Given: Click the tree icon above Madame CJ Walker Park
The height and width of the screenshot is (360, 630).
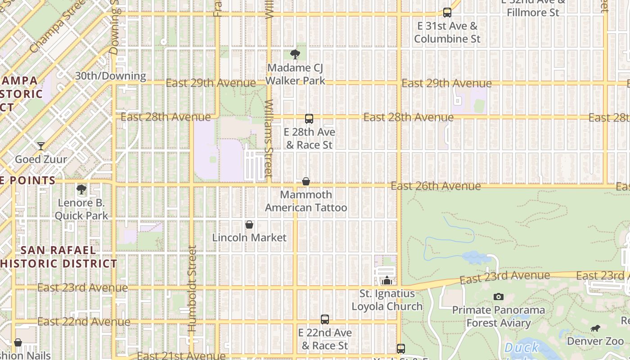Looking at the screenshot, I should (295, 54).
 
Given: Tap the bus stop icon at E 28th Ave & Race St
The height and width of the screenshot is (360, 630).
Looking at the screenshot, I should (309, 119).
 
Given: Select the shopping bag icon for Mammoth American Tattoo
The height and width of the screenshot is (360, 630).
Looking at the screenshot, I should (306, 181).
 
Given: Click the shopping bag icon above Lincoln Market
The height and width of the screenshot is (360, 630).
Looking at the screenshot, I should (249, 225).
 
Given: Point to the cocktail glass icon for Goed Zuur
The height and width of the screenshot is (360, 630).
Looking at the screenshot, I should (41, 146).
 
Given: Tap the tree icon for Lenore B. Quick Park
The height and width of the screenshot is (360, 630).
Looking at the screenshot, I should (81, 189).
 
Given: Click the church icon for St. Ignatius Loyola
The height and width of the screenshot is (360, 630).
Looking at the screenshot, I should (387, 280).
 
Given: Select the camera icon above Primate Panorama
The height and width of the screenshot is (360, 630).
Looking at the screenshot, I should (498, 297).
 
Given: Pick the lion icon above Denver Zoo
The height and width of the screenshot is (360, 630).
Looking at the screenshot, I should (595, 328).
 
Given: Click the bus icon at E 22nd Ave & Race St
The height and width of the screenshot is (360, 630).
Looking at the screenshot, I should (325, 319).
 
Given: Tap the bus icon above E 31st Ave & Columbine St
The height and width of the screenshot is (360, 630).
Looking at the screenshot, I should (447, 13).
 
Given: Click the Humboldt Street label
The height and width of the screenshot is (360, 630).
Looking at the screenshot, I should (193, 288).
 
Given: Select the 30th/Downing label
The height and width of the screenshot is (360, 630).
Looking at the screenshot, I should (110, 76).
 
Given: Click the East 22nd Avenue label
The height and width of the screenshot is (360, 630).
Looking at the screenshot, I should (84, 322).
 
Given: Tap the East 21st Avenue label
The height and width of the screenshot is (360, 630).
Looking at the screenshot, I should (180, 355).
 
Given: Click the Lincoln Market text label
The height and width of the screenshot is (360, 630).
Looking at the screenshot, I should (249, 238).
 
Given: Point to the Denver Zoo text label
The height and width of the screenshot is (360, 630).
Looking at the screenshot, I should (595, 341).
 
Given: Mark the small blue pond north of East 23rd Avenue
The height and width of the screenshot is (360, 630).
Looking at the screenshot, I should (476, 258).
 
